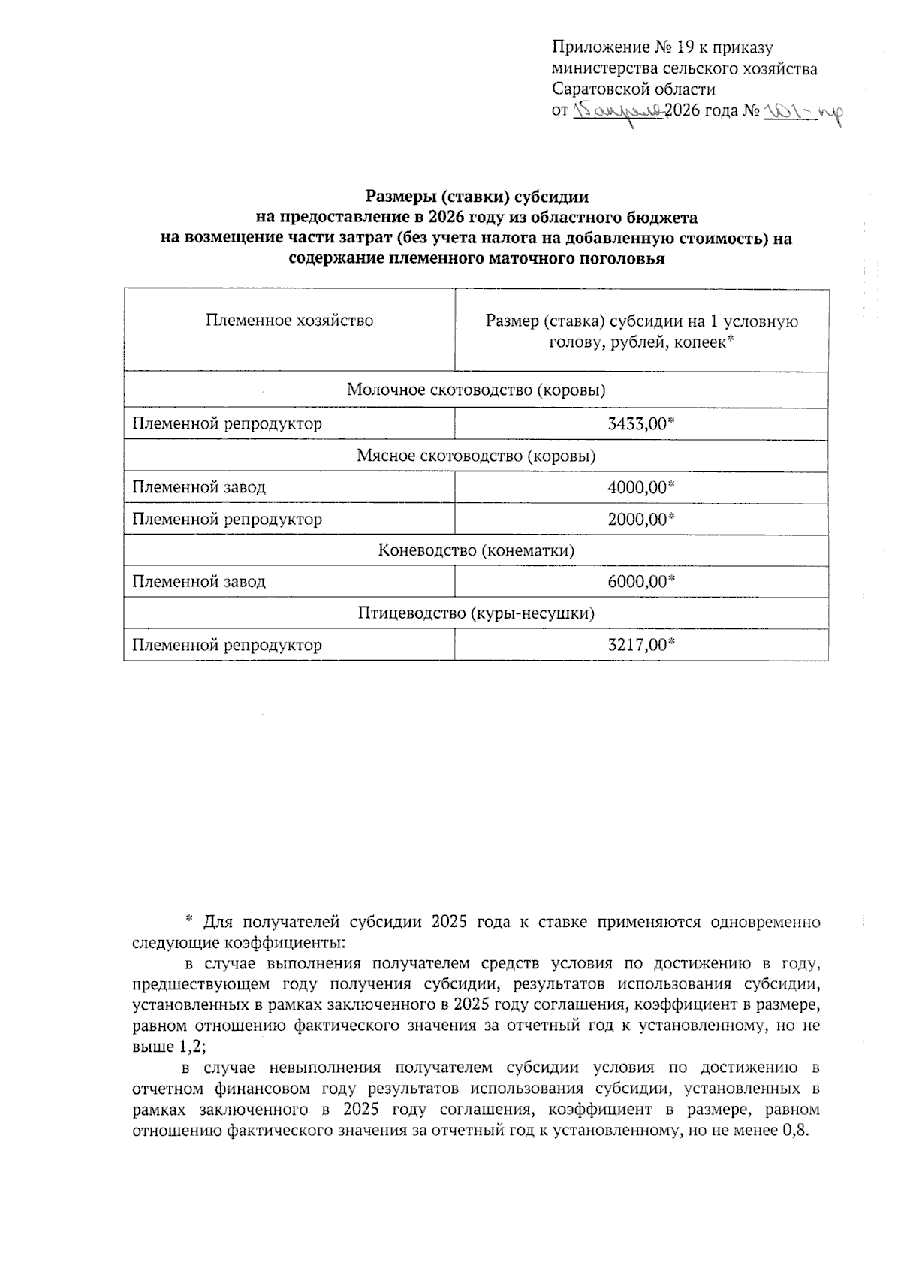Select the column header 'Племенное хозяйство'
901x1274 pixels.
pos(289,321)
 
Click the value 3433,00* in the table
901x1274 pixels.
pos(641,424)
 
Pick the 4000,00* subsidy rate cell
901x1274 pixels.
pos(641,487)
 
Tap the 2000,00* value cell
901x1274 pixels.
pos(641,519)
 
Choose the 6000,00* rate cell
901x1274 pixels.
pos(641,582)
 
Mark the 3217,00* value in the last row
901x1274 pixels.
pos(641,645)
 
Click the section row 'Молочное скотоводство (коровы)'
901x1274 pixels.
pos(476,390)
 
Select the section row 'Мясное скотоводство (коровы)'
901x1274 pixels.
pos(476,456)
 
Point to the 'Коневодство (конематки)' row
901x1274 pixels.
pos(476,550)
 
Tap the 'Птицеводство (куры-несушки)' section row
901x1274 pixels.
pos(476,613)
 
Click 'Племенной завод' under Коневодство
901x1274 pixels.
pos(199,582)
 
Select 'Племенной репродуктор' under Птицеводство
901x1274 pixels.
pos(227,645)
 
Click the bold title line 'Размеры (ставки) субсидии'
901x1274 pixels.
pos(477,197)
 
